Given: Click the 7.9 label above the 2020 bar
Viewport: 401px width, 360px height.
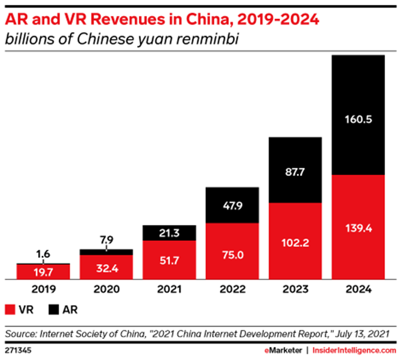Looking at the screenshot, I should pyautogui.click(x=106, y=238).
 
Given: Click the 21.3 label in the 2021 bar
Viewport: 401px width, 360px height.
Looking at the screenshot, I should pyautogui.click(x=169, y=233).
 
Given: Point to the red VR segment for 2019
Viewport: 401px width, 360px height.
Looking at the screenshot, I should pyautogui.click(x=43, y=272).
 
